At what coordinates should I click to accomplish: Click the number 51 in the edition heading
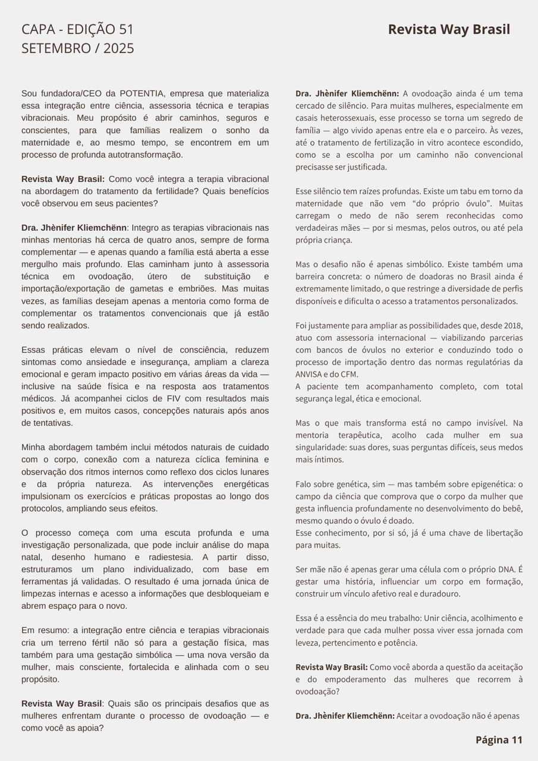[126, 30]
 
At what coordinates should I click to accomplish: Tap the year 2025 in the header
[119, 49]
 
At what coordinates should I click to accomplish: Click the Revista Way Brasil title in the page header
[449, 30]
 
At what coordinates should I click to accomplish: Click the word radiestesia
[171, 557]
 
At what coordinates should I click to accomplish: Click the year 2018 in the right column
[512, 326]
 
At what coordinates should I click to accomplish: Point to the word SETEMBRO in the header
[56, 49]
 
